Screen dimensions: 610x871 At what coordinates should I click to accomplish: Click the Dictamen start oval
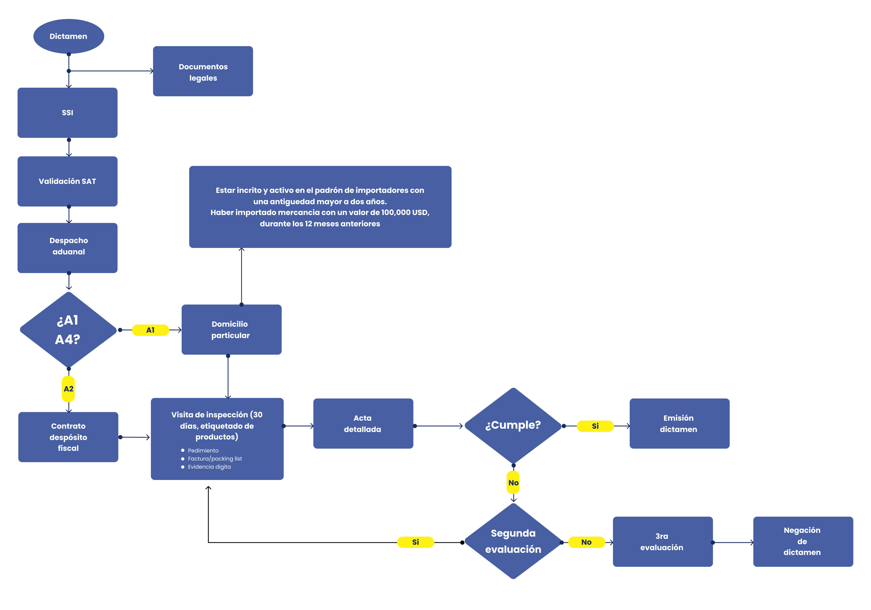pyautogui.click(x=69, y=36)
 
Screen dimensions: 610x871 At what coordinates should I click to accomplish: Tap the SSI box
pyautogui.click(x=67, y=113)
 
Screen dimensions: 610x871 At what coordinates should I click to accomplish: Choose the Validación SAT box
pyautogui.click(x=67, y=181)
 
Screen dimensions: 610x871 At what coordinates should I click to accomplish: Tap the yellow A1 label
pyautogui.click(x=150, y=330)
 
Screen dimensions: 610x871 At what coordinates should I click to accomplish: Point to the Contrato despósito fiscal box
pyautogui.click(x=68, y=437)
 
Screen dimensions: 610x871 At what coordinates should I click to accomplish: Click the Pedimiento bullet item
pyautogui.click(x=203, y=450)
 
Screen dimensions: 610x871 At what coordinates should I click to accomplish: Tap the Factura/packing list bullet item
pyautogui.click(x=215, y=458)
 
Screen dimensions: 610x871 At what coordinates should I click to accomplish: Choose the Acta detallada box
pyautogui.click(x=363, y=424)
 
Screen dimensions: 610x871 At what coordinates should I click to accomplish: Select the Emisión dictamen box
pyautogui.click(x=679, y=424)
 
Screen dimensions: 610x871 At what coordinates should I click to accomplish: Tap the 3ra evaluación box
pyautogui.click(x=662, y=541)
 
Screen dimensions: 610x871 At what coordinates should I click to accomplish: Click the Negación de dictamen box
pyautogui.click(x=803, y=541)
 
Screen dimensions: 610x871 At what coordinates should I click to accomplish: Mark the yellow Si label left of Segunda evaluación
pyautogui.click(x=415, y=542)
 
